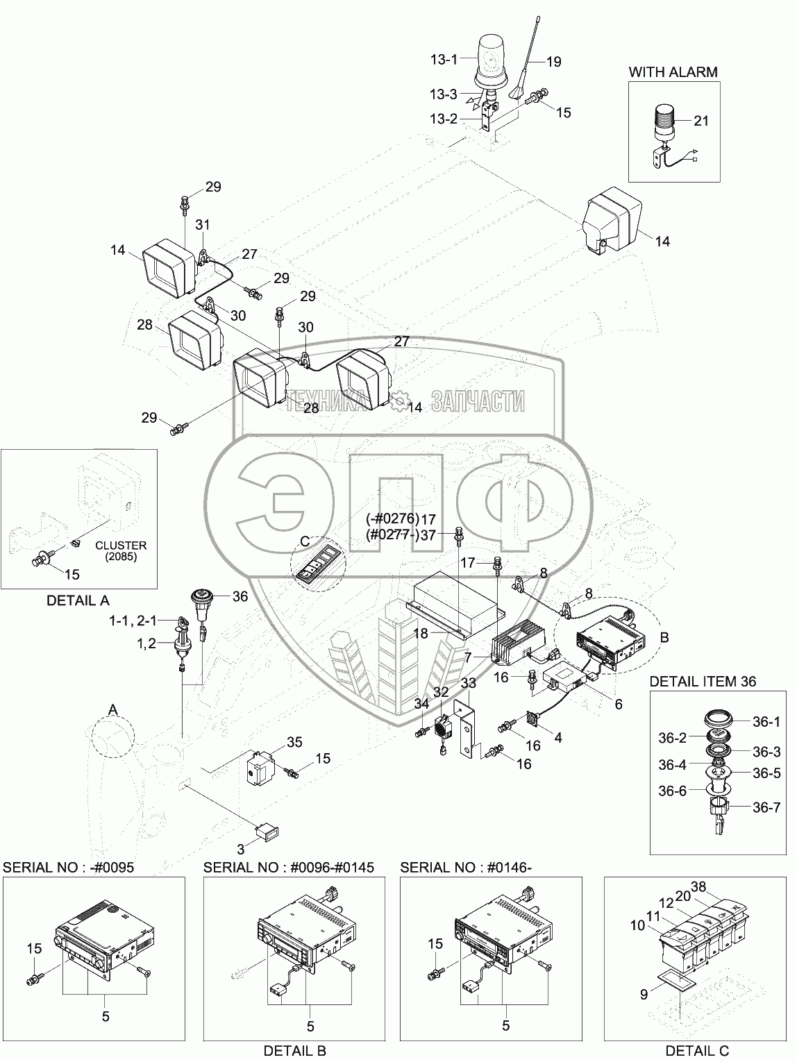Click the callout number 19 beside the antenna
553,62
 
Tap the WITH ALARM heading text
673,72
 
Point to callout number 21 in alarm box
700,121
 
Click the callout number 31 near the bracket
203,224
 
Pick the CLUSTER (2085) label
121,550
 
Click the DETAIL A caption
78,600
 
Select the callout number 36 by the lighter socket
240,596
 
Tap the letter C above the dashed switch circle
305,541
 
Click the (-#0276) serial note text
392,519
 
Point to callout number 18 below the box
421,633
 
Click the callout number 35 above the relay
294,742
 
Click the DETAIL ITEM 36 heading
703,682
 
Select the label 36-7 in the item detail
766,807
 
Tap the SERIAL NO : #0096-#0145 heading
288,868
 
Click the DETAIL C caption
697,1051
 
